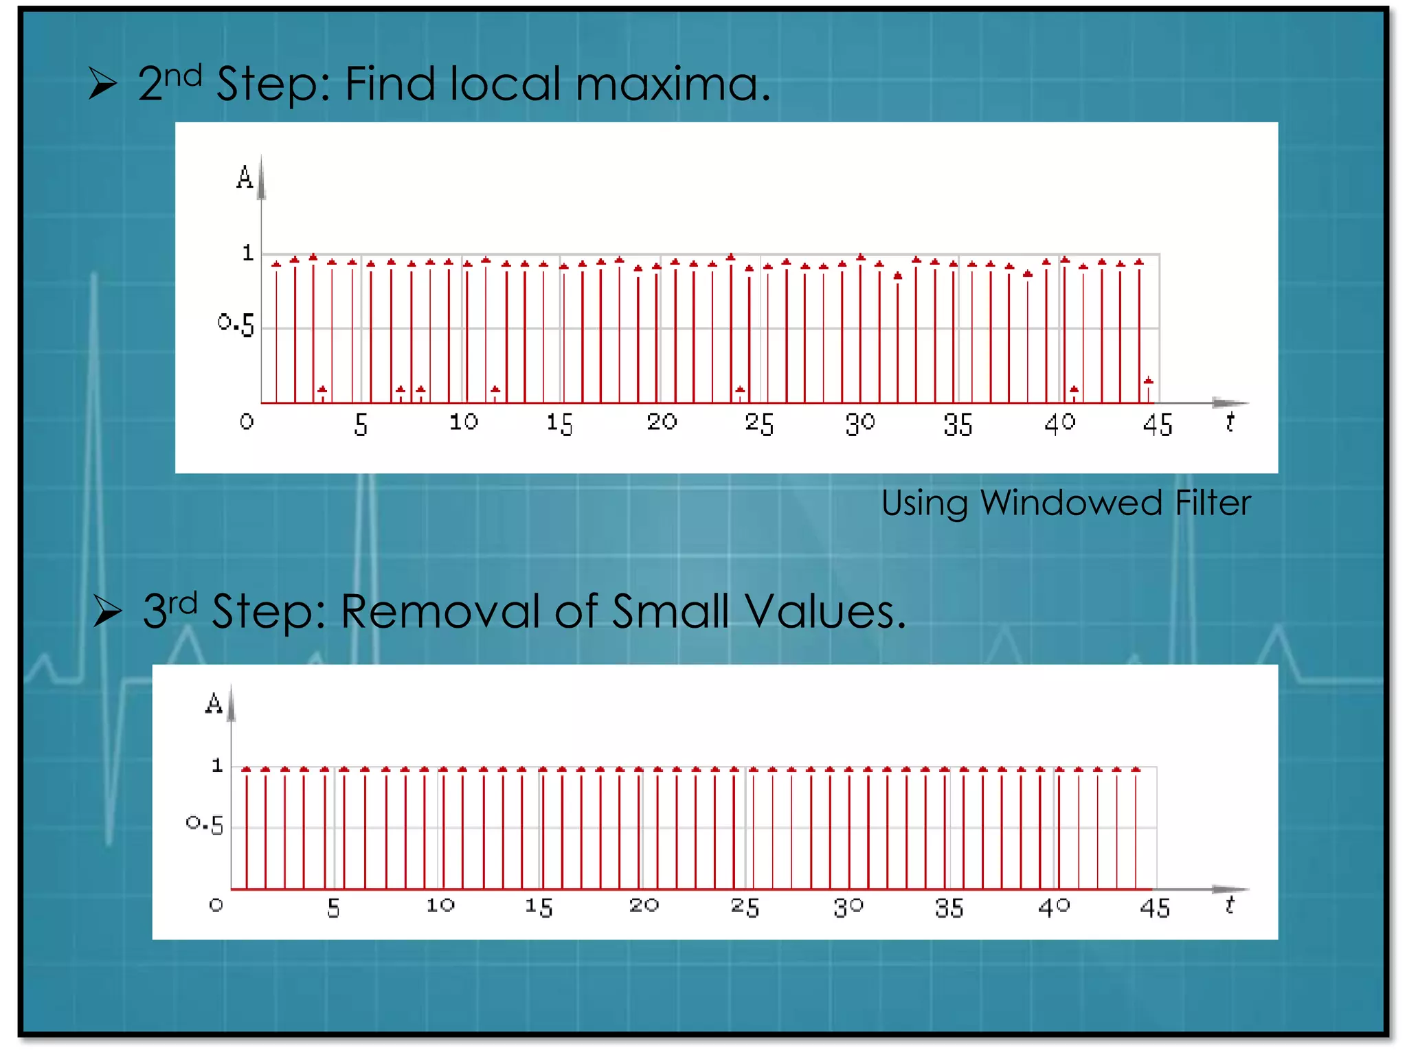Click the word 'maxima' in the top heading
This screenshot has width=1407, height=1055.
coord(666,85)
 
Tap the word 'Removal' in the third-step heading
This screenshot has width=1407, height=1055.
coord(440,611)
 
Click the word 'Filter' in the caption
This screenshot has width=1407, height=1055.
coord(1213,503)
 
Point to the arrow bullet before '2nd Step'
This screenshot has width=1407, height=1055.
coord(102,85)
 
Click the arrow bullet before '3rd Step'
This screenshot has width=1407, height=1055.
coord(107,611)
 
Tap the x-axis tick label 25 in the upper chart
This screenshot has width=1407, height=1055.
coord(759,424)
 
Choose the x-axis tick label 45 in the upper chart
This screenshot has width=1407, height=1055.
coord(1158,425)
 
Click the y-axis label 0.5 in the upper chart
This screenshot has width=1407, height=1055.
coord(236,324)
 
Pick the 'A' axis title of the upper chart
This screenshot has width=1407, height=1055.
coord(245,178)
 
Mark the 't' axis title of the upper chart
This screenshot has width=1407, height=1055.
coord(1230,422)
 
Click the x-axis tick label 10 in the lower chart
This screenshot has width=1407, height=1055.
coord(440,906)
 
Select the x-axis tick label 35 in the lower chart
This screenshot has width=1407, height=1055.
coord(949,908)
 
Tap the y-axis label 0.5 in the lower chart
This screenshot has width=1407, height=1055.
coord(205,824)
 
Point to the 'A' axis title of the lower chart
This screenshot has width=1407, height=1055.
coord(214,704)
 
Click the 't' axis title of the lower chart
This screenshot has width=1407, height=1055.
coord(1229,905)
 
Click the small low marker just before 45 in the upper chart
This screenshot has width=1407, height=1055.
coord(1148,381)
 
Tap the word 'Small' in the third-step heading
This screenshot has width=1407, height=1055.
coord(671,611)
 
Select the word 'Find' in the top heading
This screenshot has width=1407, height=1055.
coord(390,85)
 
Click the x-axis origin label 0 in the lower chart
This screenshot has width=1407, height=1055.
coord(216,905)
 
